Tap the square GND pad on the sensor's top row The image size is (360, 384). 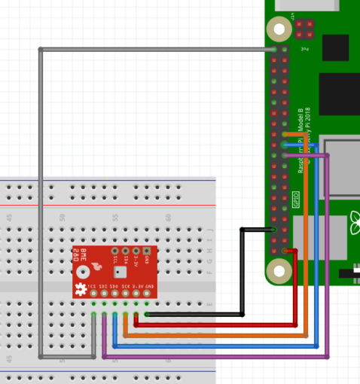click(146, 251)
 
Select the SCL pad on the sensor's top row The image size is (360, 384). click(115, 251)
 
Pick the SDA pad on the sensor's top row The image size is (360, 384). click(126, 251)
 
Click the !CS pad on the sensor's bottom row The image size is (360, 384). click(93, 293)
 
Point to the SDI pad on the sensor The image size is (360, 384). click(104, 293)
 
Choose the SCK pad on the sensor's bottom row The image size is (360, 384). click(125, 293)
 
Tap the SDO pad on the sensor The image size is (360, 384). click(114, 293)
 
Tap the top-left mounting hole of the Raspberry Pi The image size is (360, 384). click(279, 29)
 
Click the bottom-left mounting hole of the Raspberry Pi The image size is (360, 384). click(279, 270)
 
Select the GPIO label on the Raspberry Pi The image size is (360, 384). click(296, 200)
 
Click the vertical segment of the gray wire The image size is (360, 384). click(40, 203)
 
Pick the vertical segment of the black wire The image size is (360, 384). click(242, 271)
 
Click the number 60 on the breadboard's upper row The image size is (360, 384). click(169, 217)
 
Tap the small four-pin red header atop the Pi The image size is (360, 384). click(304, 29)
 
